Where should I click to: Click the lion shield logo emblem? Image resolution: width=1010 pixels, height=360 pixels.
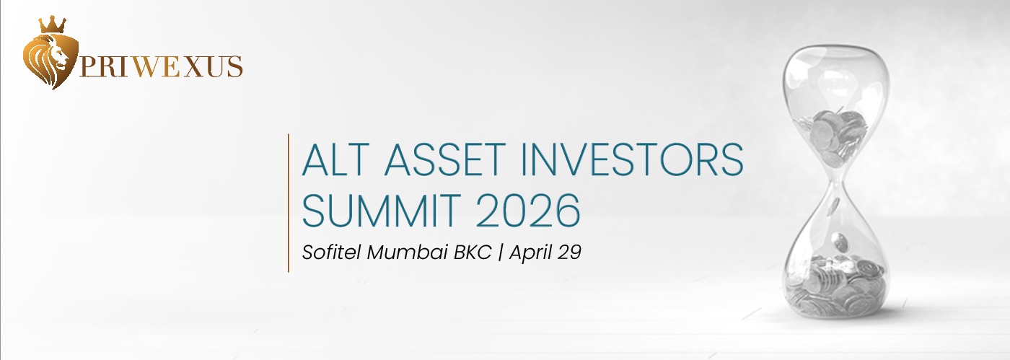[50, 61]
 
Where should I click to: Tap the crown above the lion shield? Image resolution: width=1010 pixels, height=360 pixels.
[52, 25]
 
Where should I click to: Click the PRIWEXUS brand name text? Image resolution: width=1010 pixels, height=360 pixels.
[161, 67]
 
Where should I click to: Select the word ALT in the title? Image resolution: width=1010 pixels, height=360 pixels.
[335, 159]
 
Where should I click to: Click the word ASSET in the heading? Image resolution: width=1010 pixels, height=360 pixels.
[444, 159]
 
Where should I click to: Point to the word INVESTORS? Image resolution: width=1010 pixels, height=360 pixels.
[632, 159]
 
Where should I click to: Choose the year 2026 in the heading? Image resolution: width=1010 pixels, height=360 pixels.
[528, 211]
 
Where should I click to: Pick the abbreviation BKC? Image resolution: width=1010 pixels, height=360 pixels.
[472, 253]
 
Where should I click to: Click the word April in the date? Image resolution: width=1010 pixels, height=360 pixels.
[531, 253]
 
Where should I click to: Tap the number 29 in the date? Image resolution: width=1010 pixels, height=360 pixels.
[569, 253]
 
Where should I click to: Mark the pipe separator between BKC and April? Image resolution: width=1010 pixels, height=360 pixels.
[500, 253]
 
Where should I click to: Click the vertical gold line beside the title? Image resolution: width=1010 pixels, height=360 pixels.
[288, 203]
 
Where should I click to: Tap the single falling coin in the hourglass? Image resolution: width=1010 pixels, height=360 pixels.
[840, 242]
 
